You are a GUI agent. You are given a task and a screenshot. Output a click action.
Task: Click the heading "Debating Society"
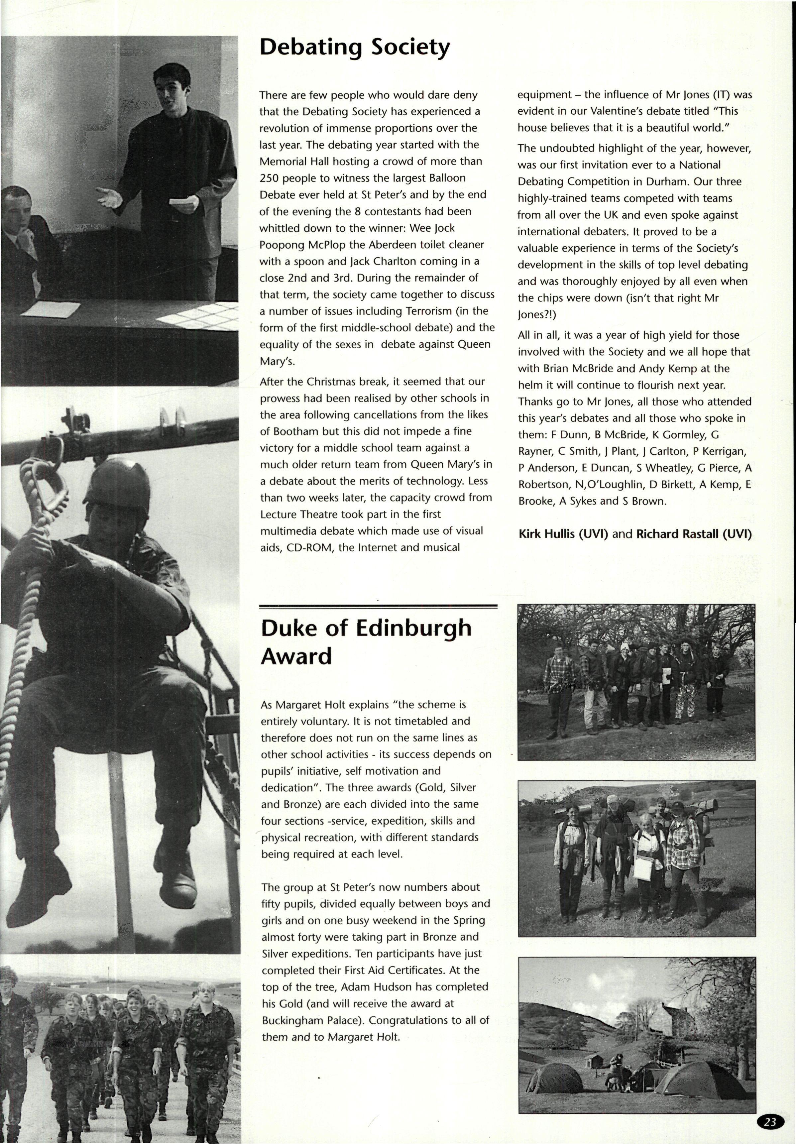(355, 48)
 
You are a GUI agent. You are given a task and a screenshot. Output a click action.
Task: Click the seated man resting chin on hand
(25, 234)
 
